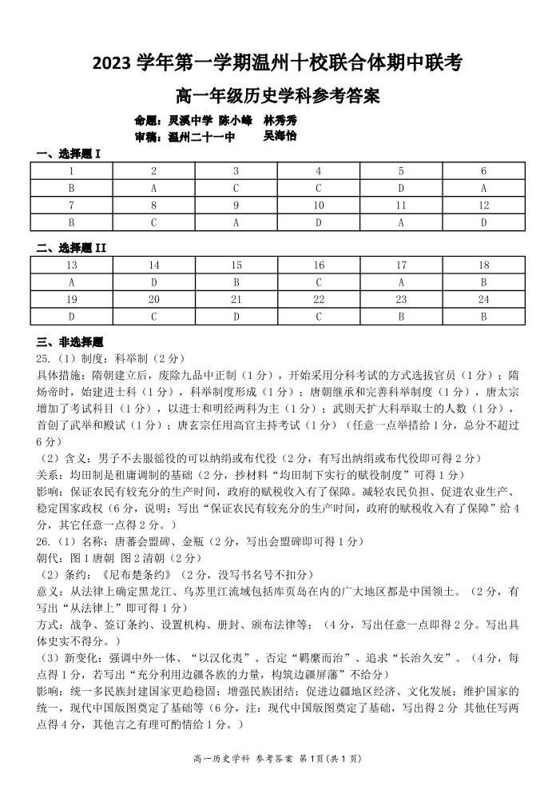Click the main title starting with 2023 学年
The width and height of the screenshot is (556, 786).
[x=277, y=62]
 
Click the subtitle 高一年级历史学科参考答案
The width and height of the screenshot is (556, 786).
[x=277, y=97]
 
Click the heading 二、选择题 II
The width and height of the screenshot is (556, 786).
[x=70, y=247]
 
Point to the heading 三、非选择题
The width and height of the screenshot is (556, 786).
[x=69, y=341]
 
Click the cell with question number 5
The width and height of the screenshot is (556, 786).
[x=401, y=171]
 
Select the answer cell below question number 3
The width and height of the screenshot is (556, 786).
[x=236, y=188]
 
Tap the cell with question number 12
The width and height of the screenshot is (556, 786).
[x=483, y=205]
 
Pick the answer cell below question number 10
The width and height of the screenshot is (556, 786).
[x=319, y=223]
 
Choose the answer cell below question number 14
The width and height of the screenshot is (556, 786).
[x=153, y=282]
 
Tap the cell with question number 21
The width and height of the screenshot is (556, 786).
[x=236, y=299]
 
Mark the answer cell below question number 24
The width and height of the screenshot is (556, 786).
[x=483, y=317]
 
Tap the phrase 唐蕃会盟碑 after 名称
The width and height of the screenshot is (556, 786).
[x=142, y=541]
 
